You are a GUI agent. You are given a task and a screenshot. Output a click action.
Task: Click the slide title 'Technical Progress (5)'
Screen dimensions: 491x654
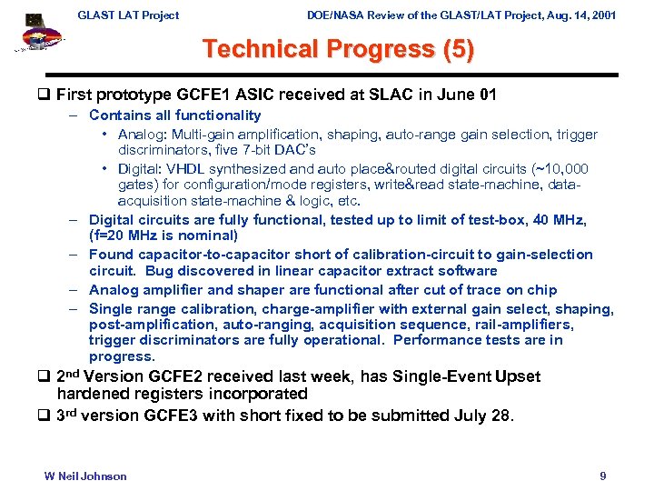tap(338, 49)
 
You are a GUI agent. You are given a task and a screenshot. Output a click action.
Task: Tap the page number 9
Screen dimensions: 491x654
tap(603, 476)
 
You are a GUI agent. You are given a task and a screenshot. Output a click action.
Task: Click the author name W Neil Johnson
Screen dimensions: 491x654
tap(85, 476)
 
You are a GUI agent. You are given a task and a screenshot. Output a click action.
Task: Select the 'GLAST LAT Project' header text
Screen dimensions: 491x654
tap(128, 15)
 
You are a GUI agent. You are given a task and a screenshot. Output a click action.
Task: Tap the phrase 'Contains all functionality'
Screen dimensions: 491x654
tap(174, 115)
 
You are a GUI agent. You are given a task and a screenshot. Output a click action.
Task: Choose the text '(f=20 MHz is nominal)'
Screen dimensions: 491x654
tap(163, 235)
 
